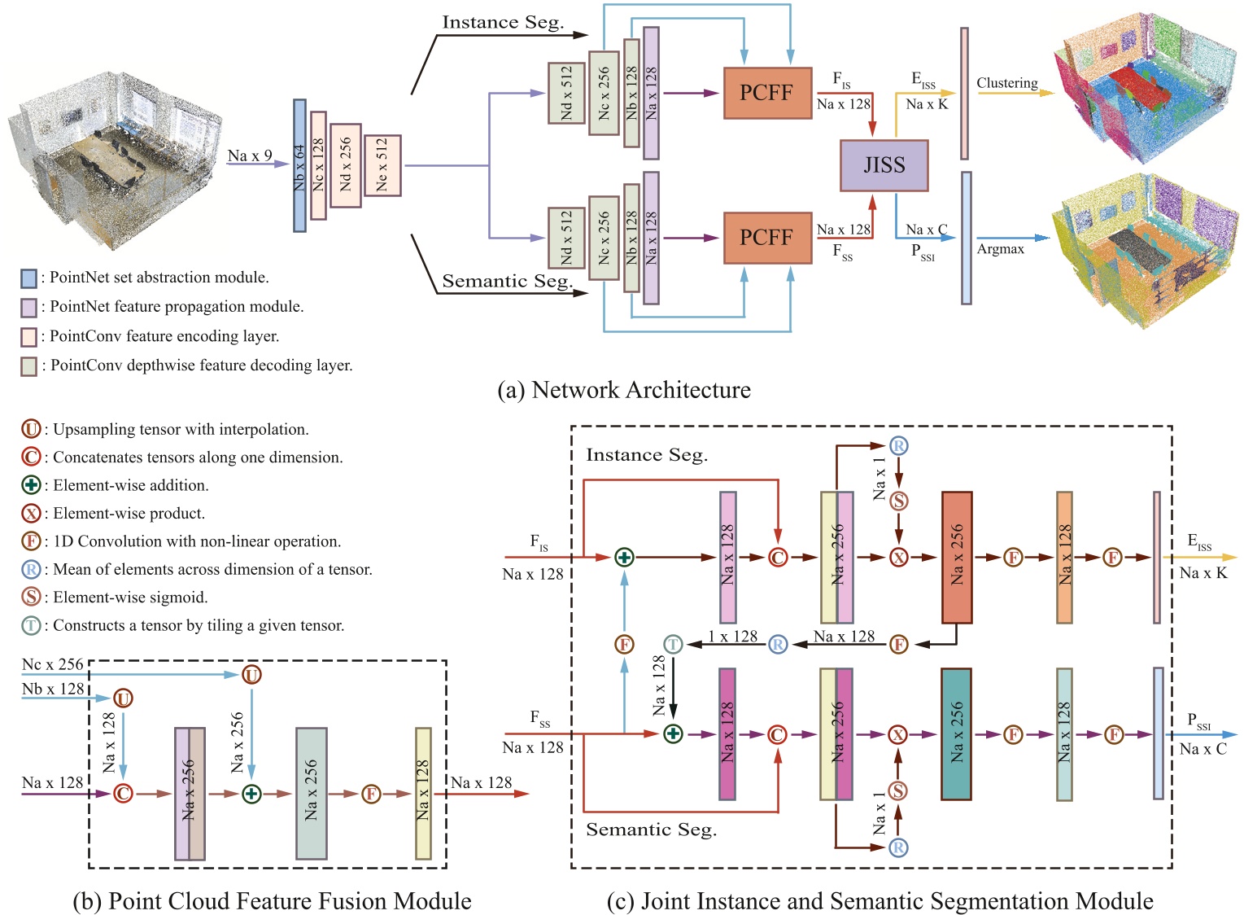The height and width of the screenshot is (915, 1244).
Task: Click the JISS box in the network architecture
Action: click(884, 165)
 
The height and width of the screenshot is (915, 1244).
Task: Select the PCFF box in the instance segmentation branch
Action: click(766, 93)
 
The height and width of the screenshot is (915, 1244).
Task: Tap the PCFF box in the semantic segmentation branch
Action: click(766, 238)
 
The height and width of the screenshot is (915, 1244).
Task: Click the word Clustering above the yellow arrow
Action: click(1006, 83)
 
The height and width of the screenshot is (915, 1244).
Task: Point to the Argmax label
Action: click(1000, 249)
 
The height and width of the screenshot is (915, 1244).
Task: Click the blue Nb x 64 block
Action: click(299, 165)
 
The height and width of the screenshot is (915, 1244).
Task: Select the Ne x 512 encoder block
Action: click(382, 165)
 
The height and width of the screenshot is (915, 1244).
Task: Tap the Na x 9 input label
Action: click(250, 155)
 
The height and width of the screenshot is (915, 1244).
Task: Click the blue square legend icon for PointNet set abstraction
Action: click(28, 278)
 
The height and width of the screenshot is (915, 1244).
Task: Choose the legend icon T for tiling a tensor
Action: click(31, 625)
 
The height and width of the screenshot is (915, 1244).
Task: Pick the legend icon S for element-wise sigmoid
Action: click(31, 597)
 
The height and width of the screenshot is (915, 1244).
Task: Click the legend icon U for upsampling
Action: click(31, 429)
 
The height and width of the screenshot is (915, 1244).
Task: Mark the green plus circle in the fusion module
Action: click(251, 794)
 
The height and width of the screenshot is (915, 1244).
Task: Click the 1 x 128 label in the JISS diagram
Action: click(732, 636)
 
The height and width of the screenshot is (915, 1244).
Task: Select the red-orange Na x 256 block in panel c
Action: click(956, 557)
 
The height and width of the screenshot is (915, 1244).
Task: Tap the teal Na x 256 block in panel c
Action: click(956, 734)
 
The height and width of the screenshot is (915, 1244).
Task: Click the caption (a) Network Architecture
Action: click(623, 390)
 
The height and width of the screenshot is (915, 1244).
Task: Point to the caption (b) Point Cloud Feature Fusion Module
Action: click(272, 901)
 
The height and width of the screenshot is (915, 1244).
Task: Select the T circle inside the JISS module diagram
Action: click(672, 645)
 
